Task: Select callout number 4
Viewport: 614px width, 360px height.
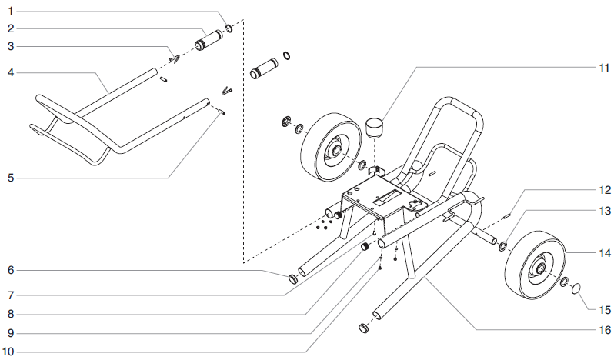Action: [x=12, y=73]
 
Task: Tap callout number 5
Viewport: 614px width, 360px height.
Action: [x=12, y=178]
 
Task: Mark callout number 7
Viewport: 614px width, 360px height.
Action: [x=12, y=295]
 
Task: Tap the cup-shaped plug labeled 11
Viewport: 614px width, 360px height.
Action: [x=375, y=125]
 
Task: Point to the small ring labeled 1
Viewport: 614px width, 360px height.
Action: [x=229, y=29]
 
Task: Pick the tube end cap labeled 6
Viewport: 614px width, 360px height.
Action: [x=293, y=279]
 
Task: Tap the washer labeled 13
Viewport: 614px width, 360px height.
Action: [x=502, y=246]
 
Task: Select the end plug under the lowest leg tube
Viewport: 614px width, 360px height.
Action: [x=363, y=329]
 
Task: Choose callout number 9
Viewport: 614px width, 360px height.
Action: [x=12, y=333]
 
